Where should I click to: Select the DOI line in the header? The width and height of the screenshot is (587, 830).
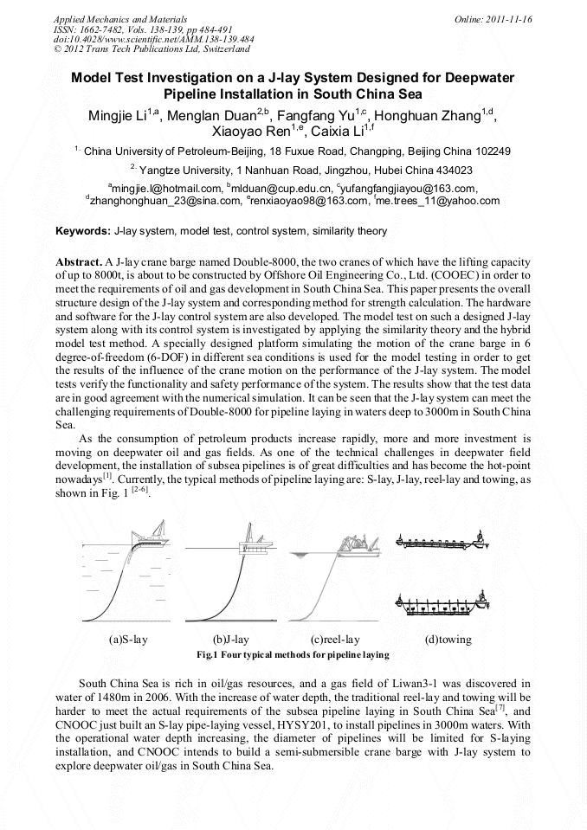pyautogui.click(x=153, y=39)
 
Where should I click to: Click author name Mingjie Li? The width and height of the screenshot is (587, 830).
pyautogui.click(x=120, y=116)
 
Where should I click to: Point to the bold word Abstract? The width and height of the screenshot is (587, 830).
pyautogui.click(x=78, y=261)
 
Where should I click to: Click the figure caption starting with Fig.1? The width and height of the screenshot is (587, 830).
pyautogui.click(x=293, y=655)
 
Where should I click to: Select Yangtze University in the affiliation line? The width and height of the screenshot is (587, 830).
pyautogui.click(x=184, y=171)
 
